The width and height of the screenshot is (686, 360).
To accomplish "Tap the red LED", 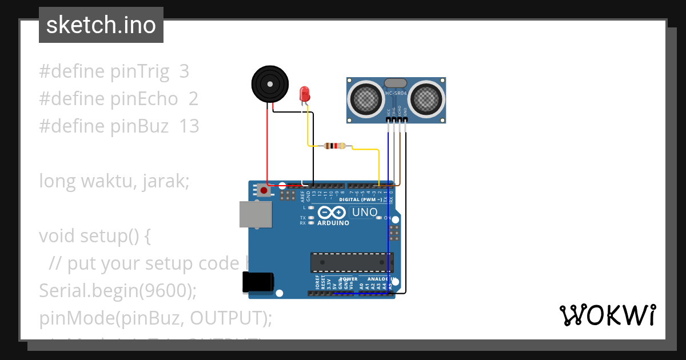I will coord(305,93).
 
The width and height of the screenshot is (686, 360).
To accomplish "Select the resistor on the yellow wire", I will coord(334,146).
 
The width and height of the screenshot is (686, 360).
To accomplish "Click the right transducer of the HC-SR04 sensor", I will coord(426,98).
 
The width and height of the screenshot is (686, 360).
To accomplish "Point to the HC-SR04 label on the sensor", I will coord(396,93).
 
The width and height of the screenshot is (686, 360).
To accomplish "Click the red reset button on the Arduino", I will coord(264,190).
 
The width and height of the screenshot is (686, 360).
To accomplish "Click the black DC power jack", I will coord(258,283).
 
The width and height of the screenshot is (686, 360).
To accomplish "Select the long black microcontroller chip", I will coord(352,262).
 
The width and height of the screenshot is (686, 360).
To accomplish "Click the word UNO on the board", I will coord(365,212).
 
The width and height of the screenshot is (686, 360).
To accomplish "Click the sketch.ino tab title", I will coord(101,25).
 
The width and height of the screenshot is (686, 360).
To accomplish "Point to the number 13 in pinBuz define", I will coord(189,126).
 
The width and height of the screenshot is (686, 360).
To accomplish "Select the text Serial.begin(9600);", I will coord(117,290).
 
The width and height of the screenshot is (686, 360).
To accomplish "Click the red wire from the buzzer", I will coord(267,149).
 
